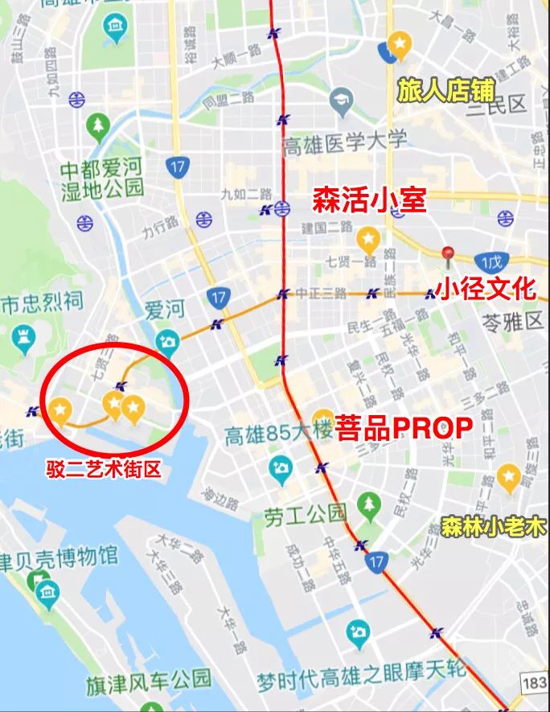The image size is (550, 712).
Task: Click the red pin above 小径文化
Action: (449, 255)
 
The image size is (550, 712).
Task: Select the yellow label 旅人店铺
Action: (445, 90)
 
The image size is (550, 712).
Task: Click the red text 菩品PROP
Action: (403, 426)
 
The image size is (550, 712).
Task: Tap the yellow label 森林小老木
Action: (493, 528)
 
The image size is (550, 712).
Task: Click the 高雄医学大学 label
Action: (344, 143)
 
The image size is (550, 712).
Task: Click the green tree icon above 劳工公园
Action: (368, 504)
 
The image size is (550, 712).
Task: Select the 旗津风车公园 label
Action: (149, 684)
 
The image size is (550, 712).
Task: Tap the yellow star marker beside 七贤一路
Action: (368, 238)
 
